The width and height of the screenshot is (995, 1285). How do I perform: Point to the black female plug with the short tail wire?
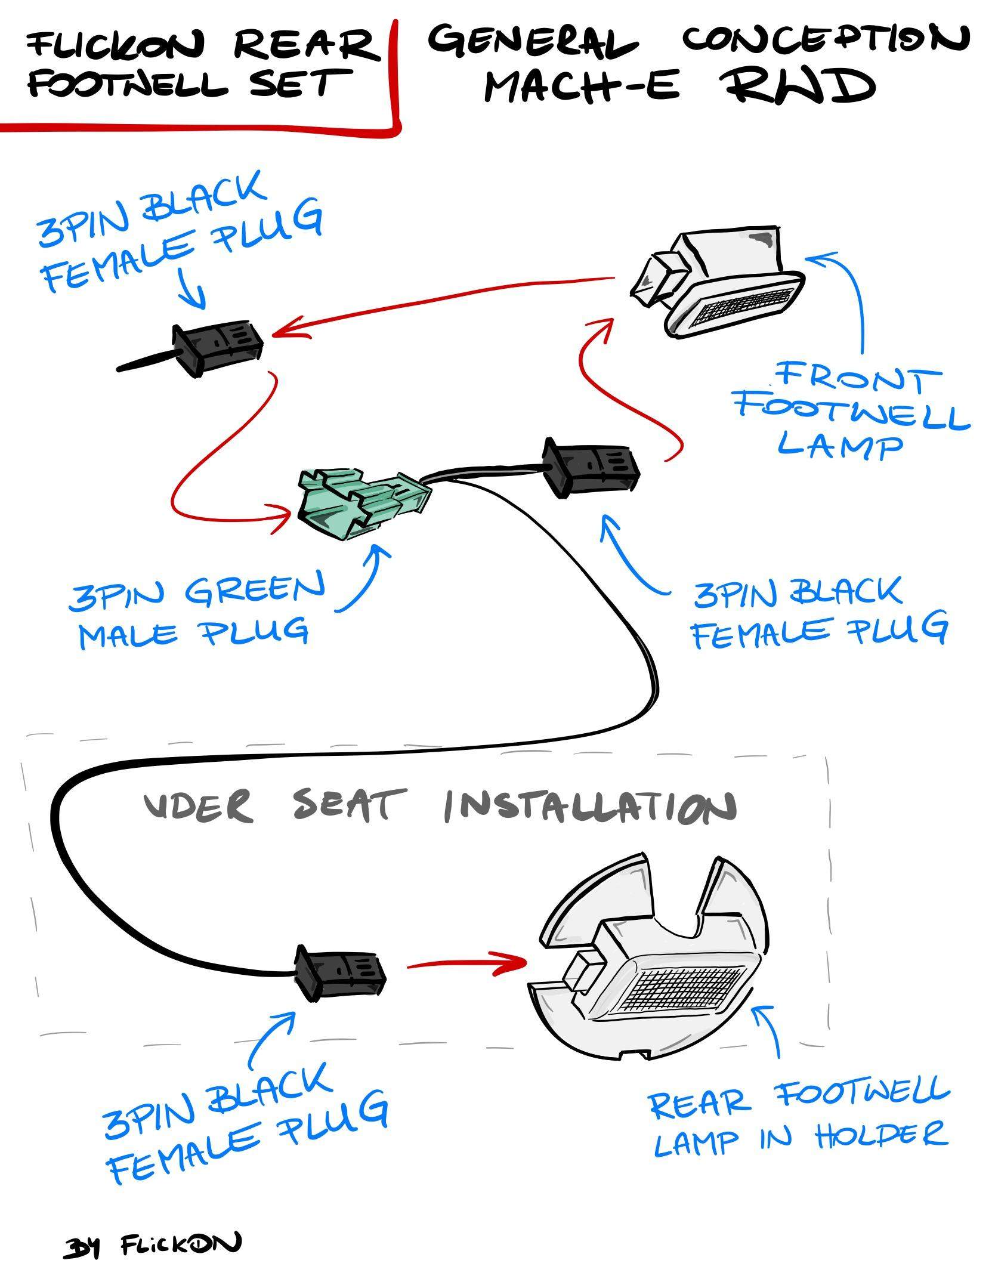218,349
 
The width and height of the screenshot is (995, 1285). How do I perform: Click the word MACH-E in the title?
581,87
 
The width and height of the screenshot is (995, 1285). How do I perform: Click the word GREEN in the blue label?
255,590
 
